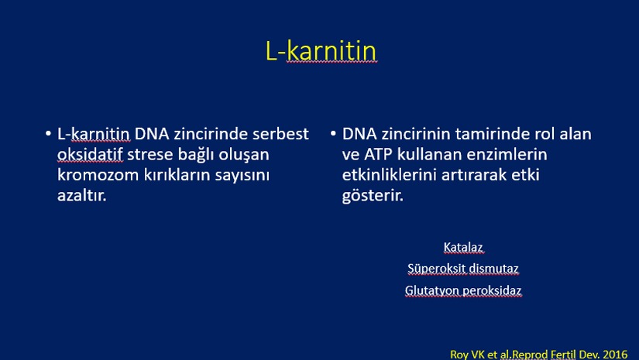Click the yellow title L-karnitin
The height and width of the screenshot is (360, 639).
[x=321, y=51]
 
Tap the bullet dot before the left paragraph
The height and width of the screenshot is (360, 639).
[x=49, y=133]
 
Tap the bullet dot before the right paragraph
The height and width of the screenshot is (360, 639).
[x=333, y=133]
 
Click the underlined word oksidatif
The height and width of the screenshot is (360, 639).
[x=90, y=154]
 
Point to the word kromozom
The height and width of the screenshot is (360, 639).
[x=98, y=175]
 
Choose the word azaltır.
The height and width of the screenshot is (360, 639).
[x=81, y=195]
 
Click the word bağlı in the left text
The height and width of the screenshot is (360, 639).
[x=196, y=155]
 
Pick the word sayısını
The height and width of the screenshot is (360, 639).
[x=242, y=176]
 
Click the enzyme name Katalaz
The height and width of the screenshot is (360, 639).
[x=463, y=247]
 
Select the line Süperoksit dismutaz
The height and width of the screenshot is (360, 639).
[x=463, y=269]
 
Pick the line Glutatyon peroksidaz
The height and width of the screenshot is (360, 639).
[x=463, y=291]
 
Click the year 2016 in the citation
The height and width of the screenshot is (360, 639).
[x=615, y=355]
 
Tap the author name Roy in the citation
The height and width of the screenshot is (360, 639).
[x=459, y=355]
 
